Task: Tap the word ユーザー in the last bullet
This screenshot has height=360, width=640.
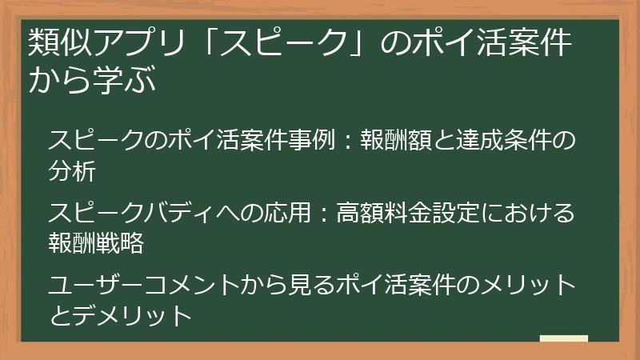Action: point(96,286)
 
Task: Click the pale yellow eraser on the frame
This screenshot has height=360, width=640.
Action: point(563,338)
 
